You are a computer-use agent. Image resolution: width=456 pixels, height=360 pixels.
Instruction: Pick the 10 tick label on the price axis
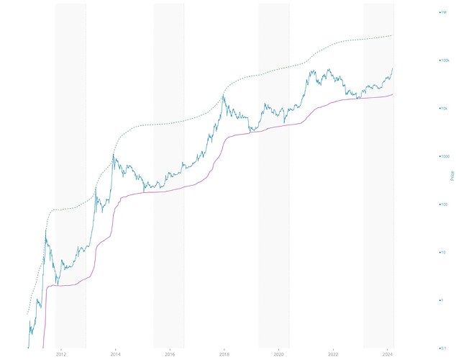[x=443, y=252]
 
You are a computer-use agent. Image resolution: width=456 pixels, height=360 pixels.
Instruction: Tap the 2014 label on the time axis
[x=115, y=354]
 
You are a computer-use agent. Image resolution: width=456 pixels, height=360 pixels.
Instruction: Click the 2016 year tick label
[x=170, y=354]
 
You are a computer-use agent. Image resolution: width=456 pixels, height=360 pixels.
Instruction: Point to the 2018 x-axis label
[x=224, y=354]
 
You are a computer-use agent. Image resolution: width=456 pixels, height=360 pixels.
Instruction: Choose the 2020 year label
[x=279, y=354]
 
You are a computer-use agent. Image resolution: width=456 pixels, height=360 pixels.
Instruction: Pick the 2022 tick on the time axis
[x=334, y=354]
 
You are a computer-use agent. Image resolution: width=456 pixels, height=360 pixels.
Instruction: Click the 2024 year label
[x=388, y=354]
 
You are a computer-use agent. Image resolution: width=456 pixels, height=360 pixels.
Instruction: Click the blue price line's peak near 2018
[x=224, y=95]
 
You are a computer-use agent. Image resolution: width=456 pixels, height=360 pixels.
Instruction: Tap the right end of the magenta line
[x=393, y=94]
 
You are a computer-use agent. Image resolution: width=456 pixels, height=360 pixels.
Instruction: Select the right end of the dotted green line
[x=393, y=35]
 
